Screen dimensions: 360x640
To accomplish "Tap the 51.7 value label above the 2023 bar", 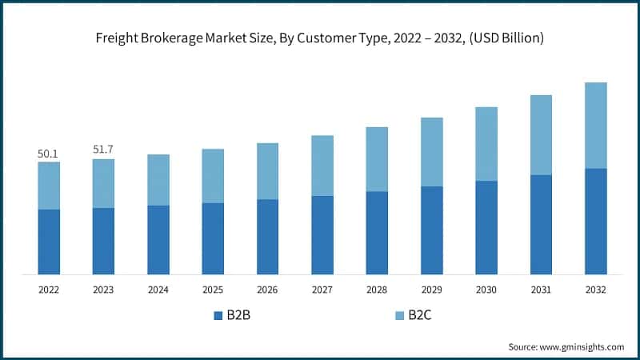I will (x=103, y=150).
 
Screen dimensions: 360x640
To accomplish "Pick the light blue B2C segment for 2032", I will (x=595, y=125).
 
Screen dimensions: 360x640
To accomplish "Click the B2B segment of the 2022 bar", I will (x=49, y=242).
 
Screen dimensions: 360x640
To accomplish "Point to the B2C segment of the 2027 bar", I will (x=322, y=166).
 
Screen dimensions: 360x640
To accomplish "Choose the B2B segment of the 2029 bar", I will (x=431, y=230).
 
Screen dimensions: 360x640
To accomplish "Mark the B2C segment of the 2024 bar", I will (x=158, y=180).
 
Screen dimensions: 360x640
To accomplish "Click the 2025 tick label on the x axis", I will (x=213, y=290).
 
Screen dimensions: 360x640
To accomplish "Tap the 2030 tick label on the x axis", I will (x=486, y=290).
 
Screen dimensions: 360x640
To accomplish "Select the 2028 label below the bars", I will (x=377, y=290).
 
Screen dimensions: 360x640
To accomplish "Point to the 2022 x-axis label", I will (x=49, y=290).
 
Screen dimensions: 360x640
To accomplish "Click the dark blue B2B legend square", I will (x=218, y=315).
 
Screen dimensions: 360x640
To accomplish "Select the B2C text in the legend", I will (x=420, y=315).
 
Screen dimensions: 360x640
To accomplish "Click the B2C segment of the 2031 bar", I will (x=541, y=134).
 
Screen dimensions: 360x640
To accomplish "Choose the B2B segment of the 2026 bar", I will (x=267, y=237).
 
